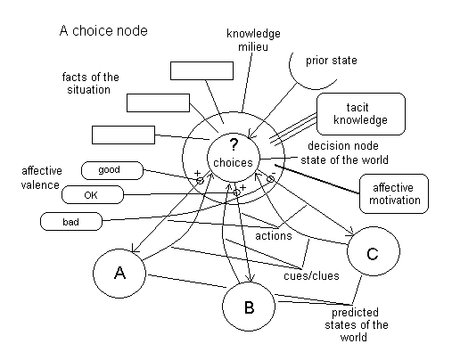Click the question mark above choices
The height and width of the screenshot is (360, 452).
coord(234,144)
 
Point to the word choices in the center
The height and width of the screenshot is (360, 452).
coord(233,163)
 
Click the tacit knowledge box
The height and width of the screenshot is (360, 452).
coord(361,114)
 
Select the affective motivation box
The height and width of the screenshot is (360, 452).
coord(394,193)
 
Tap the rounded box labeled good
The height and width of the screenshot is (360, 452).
coord(112,170)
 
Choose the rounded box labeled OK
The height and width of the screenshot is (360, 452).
coord(93,195)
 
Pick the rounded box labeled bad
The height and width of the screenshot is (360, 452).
coord(71,222)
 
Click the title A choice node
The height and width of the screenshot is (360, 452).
coord(103,30)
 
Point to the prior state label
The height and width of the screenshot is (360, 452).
coord(332,61)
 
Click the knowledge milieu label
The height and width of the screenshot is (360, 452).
coord(253,40)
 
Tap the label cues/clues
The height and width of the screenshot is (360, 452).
coord(311,275)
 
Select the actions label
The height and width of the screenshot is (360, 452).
coord(274,236)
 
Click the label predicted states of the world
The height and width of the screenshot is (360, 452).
coord(356,324)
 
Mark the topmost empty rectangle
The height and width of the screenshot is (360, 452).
coord(201,70)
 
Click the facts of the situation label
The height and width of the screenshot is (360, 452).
coord(90,83)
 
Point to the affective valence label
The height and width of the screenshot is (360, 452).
coord(41,178)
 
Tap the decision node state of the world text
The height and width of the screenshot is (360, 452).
coord(344,152)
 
